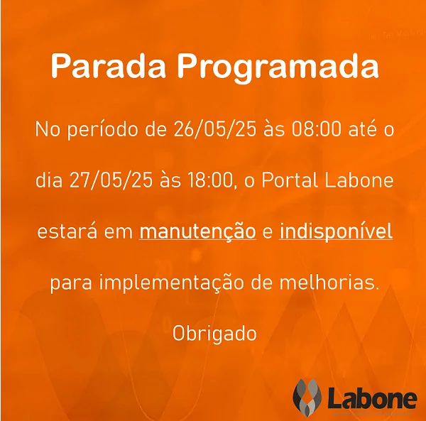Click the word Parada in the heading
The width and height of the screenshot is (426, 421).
[x=108, y=66]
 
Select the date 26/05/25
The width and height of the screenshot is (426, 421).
[x=214, y=129]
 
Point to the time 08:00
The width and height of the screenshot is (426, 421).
[x=316, y=129]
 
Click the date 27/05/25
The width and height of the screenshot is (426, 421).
[x=111, y=180]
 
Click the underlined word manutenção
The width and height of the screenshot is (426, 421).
[x=197, y=231]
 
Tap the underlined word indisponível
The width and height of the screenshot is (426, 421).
[x=336, y=231]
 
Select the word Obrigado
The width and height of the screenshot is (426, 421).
[x=214, y=333]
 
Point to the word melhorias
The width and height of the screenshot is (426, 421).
[x=329, y=283]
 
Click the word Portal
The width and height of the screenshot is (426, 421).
[x=290, y=180]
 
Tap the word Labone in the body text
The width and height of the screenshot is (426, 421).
[x=359, y=180]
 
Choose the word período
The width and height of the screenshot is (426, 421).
[x=104, y=130]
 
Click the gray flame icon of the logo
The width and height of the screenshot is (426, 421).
[x=307, y=398]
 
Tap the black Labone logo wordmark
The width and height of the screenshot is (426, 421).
[x=372, y=398]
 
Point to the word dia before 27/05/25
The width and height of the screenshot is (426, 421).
[x=49, y=180]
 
